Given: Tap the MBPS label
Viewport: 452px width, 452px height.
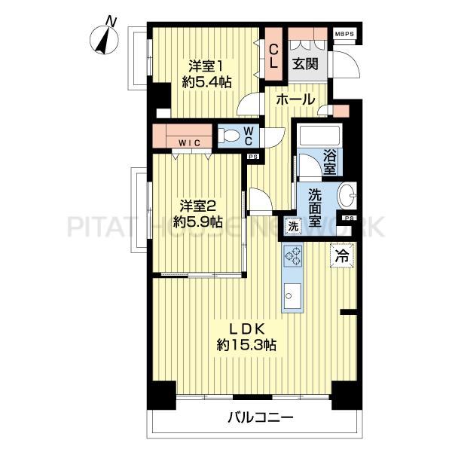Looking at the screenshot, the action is [x=344, y=34].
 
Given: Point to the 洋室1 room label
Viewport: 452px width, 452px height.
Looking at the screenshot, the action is [x=205, y=66].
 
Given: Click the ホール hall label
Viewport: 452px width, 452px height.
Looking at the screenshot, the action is [x=295, y=99].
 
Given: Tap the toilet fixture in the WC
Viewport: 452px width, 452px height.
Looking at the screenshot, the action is [x=228, y=135].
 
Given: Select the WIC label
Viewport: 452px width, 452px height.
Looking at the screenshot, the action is [x=189, y=142].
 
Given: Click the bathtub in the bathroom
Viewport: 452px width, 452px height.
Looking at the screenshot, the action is [x=319, y=136].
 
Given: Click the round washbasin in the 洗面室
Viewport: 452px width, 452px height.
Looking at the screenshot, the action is [x=347, y=195].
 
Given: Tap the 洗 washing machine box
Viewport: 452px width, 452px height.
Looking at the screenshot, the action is [x=293, y=226].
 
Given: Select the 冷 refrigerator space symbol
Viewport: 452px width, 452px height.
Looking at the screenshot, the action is [x=342, y=255].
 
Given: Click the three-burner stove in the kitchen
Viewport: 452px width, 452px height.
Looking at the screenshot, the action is [x=293, y=255].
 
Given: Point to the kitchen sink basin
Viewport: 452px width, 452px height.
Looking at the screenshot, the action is [x=292, y=295].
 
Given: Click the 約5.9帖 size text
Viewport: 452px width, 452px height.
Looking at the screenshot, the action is [x=197, y=221].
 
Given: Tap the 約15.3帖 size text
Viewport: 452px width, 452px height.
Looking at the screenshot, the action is [x=247, y=345].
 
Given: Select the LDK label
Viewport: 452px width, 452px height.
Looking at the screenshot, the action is [x=247, y=328].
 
